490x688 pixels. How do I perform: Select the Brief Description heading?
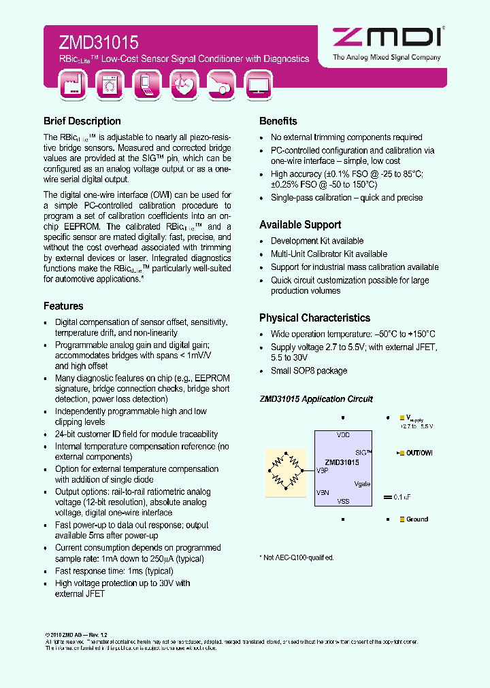coord(82,122)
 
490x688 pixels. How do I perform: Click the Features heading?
coord(63,307)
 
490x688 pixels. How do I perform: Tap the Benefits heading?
coord(278,122)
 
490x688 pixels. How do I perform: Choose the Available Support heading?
coord(300,225)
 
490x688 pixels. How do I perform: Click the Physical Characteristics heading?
coord(314,318)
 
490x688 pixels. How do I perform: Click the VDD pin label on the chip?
coord(343,435)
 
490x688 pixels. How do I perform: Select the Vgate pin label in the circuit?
coord(362,484)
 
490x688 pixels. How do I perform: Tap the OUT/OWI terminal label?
coord(419,453)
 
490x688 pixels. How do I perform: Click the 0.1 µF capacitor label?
coord(403,497)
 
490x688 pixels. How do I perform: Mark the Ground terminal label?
coord(416,519)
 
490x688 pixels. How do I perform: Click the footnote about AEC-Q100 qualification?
coord(297,557)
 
